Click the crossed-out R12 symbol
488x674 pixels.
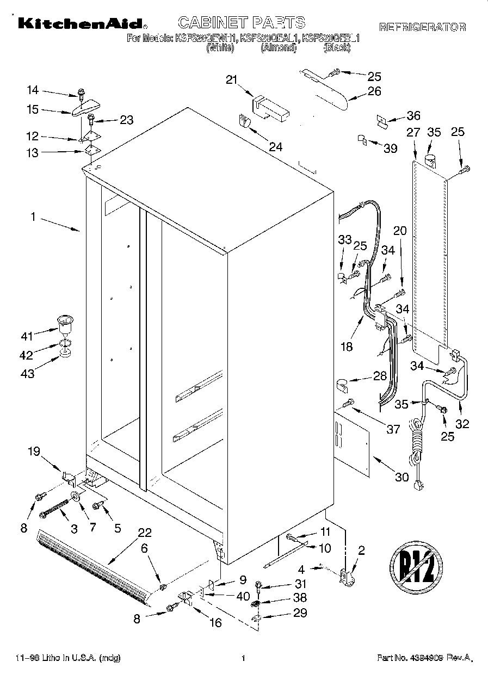pos(416,571)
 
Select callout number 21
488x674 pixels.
pos(232,81)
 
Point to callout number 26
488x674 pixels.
pos(374,91)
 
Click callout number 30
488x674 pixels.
pos(401,477)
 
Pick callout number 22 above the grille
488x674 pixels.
pos(145,533)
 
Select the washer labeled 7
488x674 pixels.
pos(75,497)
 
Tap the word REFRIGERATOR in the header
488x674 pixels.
pos(422,27)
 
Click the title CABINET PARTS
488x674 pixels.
pos(242,22)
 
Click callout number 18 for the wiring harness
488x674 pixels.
pos(346,346)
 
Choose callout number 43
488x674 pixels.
pos(27,374)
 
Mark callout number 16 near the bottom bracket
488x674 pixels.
pos(215,622)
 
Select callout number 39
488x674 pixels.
pos(391,149)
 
